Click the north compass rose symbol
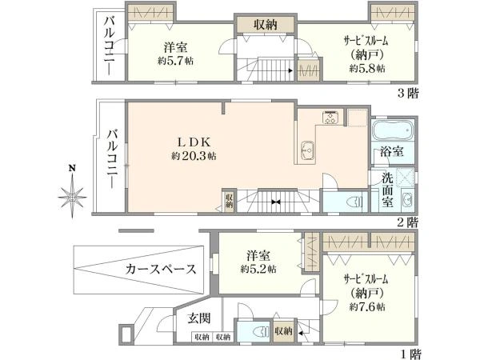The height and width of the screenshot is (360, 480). coord(72,196)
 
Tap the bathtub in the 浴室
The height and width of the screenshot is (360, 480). coord(393,130)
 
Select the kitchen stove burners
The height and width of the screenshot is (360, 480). coord(330,118)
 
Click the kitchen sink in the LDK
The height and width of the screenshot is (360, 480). coord(307,150)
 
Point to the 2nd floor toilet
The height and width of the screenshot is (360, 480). coord(354,202)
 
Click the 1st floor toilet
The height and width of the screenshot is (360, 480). coord(262,332)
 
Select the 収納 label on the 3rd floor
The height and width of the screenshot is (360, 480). coord(265,25)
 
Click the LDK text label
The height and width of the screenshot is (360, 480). coord(194,142)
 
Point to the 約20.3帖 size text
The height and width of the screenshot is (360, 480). coord(194,156)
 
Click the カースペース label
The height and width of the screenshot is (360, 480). coord(161,269)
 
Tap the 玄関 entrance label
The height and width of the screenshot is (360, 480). coord(199,318)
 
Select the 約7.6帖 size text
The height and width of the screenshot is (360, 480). coord(367,306)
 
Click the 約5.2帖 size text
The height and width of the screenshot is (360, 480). coord(258,269)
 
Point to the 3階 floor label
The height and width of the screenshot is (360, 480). coord(408,93)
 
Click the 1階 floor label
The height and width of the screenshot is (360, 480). coord(410,354)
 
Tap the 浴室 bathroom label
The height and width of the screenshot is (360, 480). coord(392,151)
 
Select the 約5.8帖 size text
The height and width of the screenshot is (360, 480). coord(367,68)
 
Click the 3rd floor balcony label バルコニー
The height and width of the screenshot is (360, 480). coord(110,46)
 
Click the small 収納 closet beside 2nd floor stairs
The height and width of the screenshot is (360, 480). coord(229,200)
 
